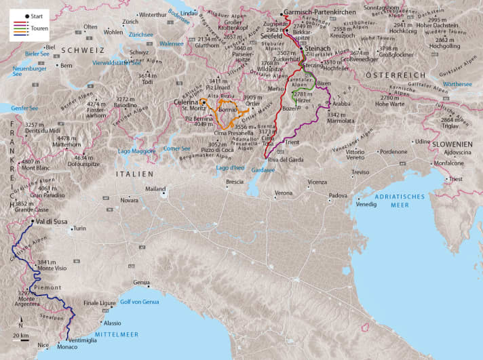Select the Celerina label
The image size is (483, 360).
tap(185, 102)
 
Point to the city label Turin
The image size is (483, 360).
tap(80, 229)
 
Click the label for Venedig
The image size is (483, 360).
tap(366, 203)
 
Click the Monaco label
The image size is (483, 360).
tap(67, 347)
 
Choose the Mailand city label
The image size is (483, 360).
tap(155, 189)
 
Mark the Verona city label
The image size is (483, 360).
tap(284, 193)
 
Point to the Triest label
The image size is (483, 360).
tap(455, 179)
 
